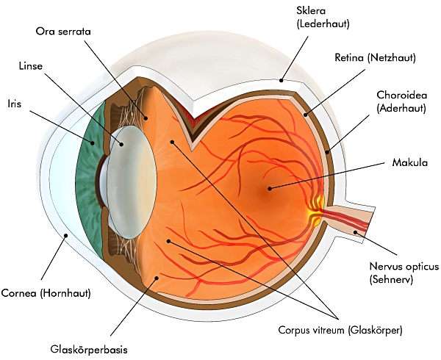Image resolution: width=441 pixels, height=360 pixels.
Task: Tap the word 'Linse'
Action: coord(31,66)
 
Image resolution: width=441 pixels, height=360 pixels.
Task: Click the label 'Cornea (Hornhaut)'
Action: coord(46,292)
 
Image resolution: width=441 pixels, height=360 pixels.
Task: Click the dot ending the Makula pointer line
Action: coord(270,189)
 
